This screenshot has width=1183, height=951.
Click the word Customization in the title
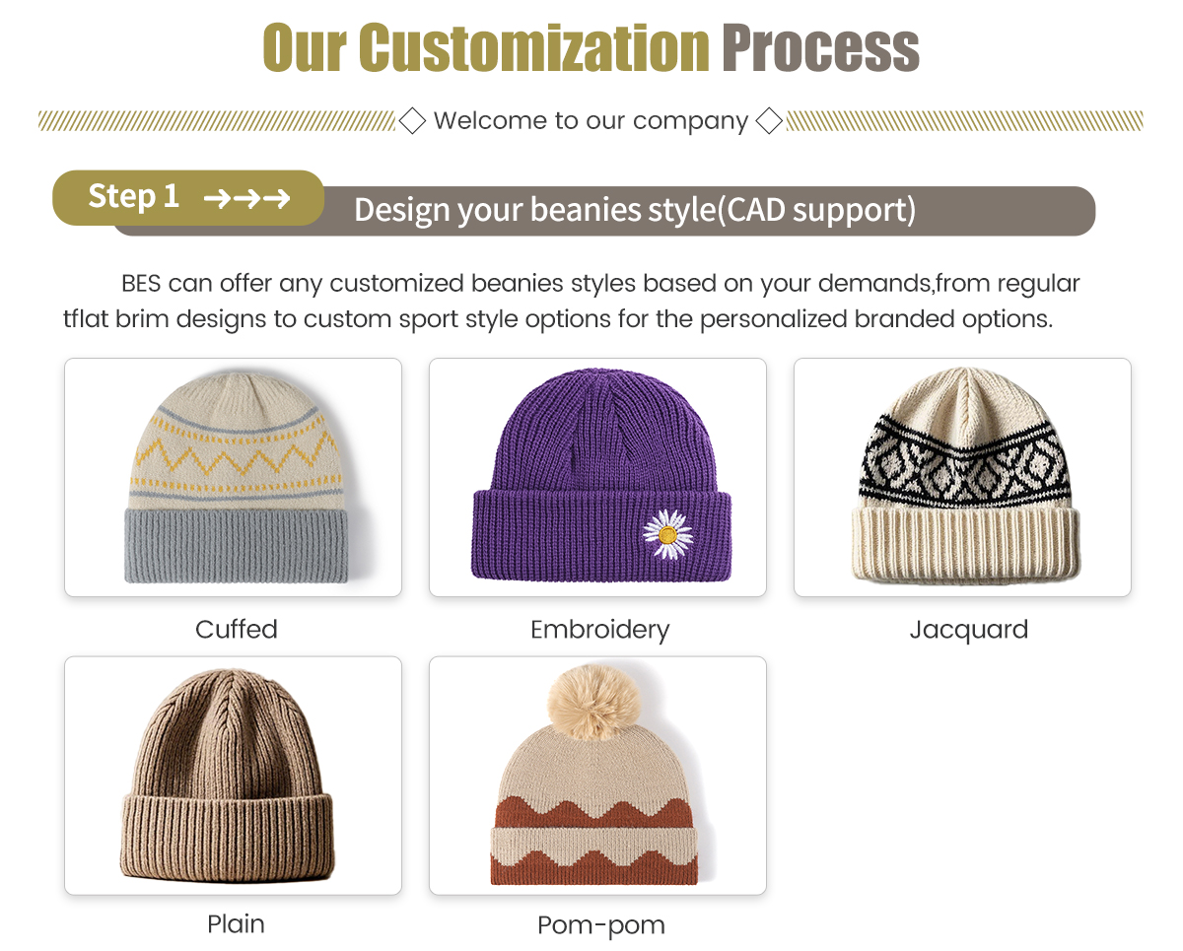point(533,47)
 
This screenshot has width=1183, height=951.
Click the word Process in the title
point(821,48)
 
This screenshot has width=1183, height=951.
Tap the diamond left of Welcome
point(412,120)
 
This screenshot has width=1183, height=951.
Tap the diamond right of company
point(769,120)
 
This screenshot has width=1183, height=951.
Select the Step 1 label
point(134,196)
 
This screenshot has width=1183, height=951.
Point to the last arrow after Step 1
point(276,198)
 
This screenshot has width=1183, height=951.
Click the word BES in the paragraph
point(141,284)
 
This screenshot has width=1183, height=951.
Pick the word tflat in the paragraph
point(85,319)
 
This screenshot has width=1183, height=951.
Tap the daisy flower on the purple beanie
point(668,534)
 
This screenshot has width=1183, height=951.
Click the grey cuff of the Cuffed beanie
point(236,545)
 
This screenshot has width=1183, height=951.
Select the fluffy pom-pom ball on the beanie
point(593,702)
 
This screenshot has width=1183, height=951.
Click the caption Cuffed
point(237,630)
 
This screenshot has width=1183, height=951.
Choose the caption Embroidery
point(599,630)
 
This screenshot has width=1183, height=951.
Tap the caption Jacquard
point(969,630)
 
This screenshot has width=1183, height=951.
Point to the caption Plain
point(236,924)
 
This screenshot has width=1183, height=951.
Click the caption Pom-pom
point(600,925)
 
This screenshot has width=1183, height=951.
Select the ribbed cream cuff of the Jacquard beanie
point(965,543)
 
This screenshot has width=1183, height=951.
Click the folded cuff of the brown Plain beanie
point(227,836)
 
